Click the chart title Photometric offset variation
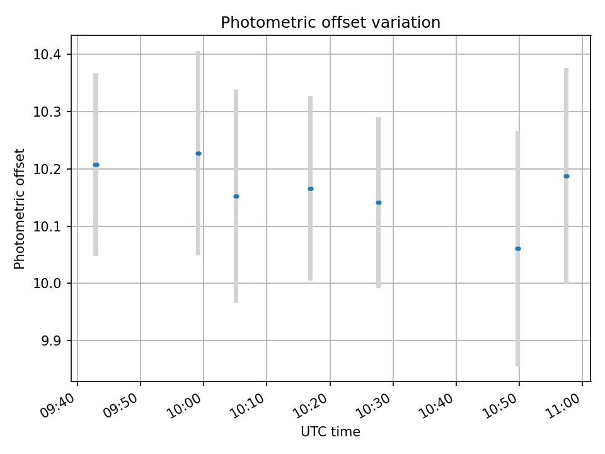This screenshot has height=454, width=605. [330, 23]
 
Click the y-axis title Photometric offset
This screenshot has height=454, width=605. [20, 209]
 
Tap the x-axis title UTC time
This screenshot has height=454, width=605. [330, 432]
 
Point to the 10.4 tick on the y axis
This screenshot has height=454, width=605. [47, 54]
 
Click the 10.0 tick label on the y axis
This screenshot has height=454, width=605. [47, 283]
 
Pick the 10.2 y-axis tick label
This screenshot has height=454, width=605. [47, 169]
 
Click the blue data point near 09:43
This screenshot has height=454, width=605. [96, 165]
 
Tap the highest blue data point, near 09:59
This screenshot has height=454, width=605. [199, 153]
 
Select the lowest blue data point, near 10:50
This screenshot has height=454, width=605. [518, 248]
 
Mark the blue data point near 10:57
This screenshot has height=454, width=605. [567, 176]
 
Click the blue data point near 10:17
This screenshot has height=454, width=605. [311, 189]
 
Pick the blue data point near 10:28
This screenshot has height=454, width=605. [379, 202]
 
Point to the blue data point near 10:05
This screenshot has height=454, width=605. [236, 196]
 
